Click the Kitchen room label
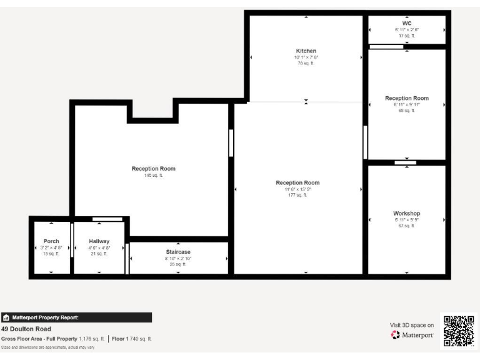coord(306,51)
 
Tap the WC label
coord(407,23)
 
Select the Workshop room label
coord(406,213)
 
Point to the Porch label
coord(51,241)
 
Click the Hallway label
coord(99,241)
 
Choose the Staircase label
coord(178,252)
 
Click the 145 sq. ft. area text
coord(153,176)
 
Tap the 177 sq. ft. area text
coord(297,196)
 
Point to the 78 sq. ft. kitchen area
coord(306,63)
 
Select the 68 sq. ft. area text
coord(406,111)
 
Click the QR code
coord(459,331)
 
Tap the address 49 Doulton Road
coord(26,329)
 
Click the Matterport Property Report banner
coord(76,317)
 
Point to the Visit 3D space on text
coord(411,325)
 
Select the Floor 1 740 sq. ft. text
coord(132,339)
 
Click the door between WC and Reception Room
coord(386,47)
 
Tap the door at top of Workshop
coord(405,163)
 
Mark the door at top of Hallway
coord(107,219)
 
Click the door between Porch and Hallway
coord(72,239)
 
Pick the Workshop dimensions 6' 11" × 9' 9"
coord(406,220)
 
